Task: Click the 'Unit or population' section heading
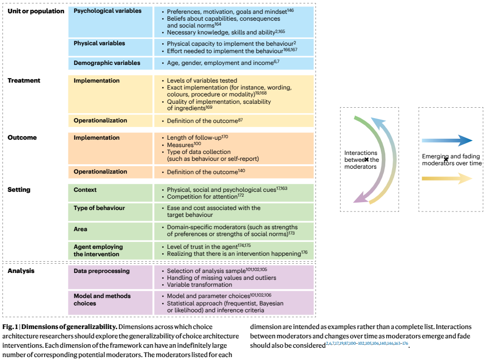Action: coord(36,11)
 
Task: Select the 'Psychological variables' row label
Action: coord(107,11)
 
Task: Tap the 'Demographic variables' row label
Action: coord(107,63)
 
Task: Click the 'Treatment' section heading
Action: coord(24,81)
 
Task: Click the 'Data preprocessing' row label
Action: coord(102,271)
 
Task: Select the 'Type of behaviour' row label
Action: coord(99,208)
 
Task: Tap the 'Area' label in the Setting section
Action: coord(82,229)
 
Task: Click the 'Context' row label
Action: coord(85,190)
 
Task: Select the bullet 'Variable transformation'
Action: coord(200,285)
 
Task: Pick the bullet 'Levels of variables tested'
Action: coord(202,81)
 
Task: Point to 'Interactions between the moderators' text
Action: coord(362,160)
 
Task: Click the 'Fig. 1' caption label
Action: coord(10,327)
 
